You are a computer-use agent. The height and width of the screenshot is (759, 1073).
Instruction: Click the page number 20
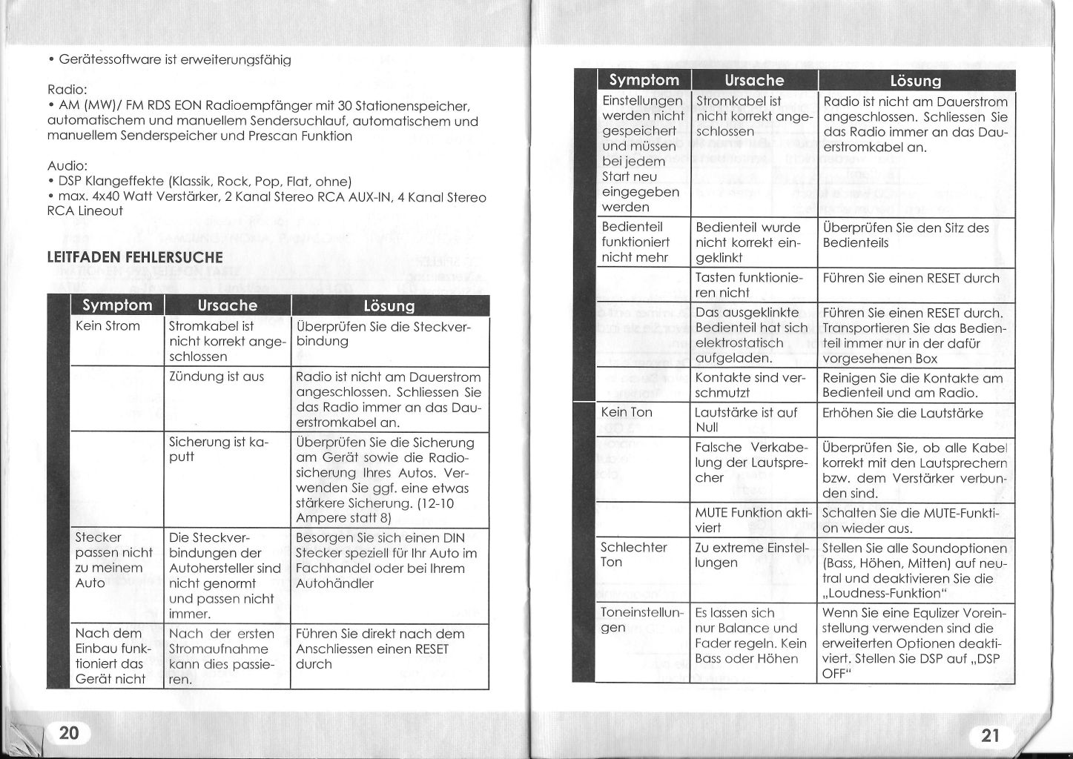[x=69, y=733]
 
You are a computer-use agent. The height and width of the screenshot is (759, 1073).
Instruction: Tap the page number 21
[x=990, y=735]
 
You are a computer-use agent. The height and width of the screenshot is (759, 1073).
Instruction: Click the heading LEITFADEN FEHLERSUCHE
[x=134, y=258]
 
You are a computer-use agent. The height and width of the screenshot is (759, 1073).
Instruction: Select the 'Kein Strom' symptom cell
[x=108, y=326]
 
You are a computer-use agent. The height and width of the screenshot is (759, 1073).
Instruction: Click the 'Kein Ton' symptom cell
[x=627, y=412]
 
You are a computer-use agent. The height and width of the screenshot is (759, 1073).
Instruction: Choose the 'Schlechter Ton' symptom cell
[x=634, y=554]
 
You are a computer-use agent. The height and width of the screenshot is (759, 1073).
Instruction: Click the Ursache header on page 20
[x=228, y=305]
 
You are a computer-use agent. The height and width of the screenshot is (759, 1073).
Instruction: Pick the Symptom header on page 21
[x=644, y=80]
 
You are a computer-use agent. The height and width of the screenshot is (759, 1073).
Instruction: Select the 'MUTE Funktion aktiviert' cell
[x=753, y=520]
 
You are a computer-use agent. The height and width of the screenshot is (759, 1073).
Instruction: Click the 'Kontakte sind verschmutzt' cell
[x=750, y=385]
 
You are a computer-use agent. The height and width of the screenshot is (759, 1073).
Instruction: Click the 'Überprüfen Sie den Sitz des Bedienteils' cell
[x=905, y=235]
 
